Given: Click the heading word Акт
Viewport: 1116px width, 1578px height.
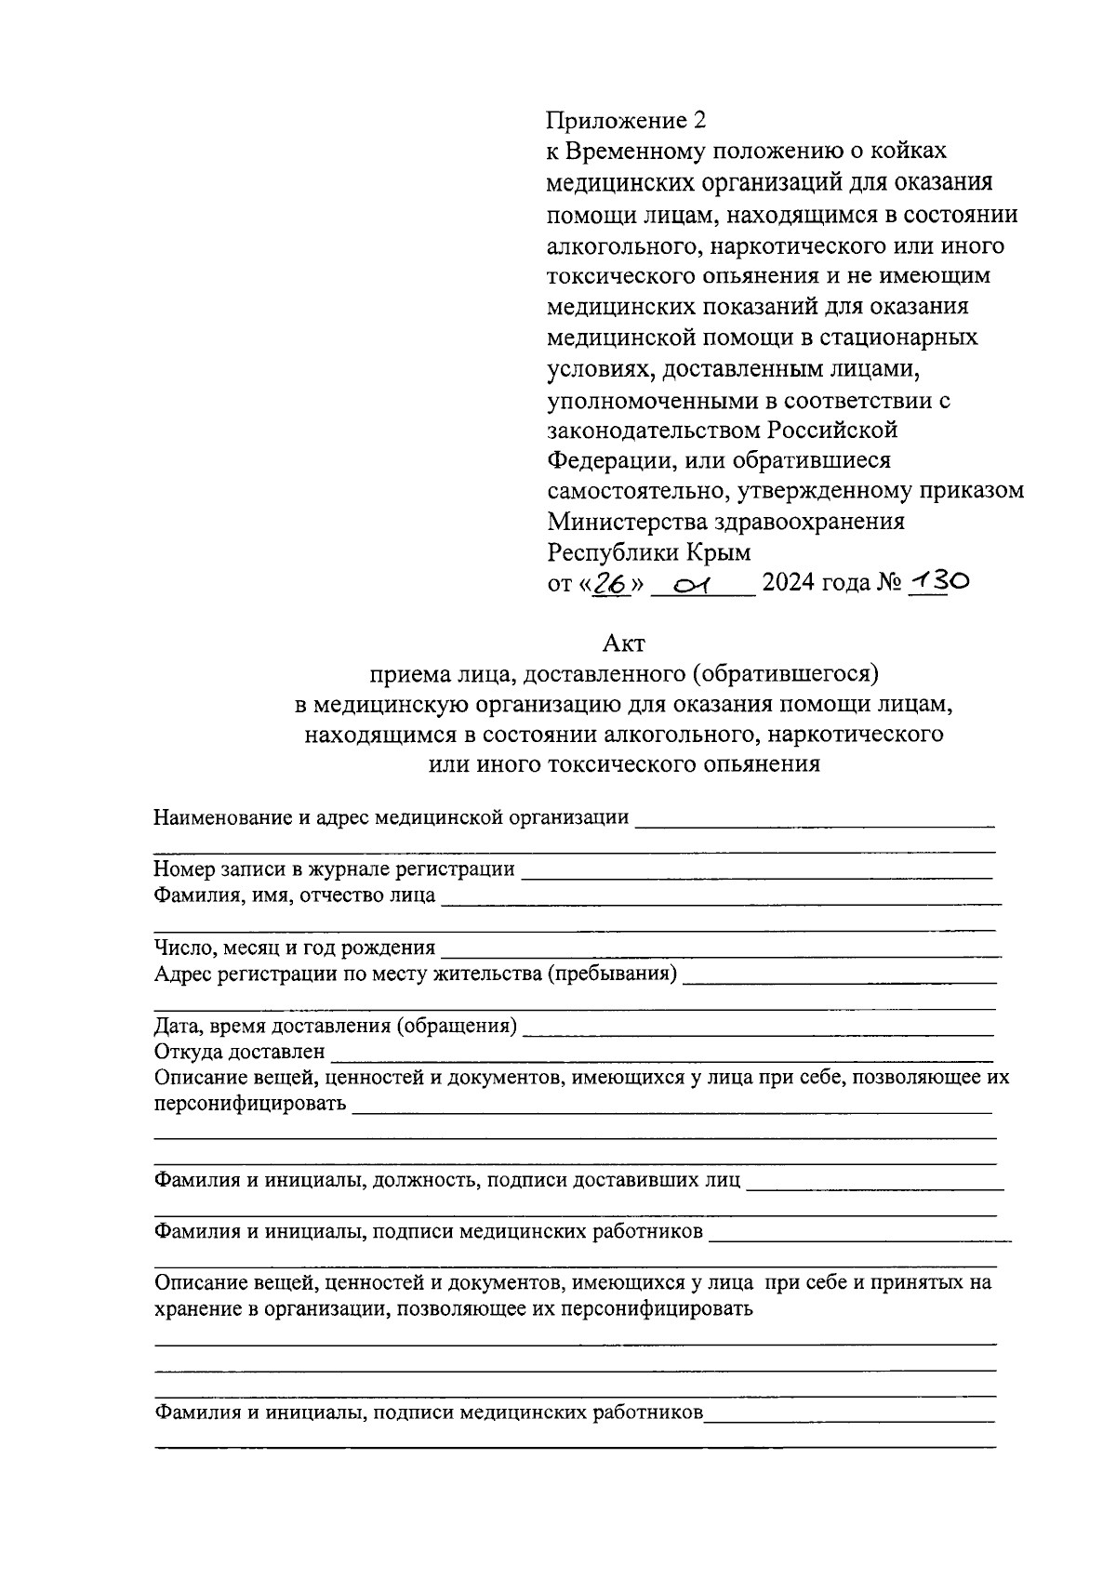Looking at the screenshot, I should point(623,643).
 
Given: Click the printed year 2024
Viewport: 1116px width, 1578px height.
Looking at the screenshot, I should point(790,583).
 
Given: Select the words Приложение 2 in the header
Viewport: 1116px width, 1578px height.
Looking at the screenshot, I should point(626,121).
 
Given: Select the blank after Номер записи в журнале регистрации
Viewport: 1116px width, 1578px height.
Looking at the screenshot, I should point(755,870).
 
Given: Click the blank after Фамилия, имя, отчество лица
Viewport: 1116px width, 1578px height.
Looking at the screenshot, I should point(721,896).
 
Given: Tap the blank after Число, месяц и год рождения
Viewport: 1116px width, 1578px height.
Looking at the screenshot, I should point(721,948).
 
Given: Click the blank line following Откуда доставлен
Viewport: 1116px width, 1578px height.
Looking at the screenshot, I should point(662,1053).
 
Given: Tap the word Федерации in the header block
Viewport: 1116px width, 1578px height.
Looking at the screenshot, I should point(606,460).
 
